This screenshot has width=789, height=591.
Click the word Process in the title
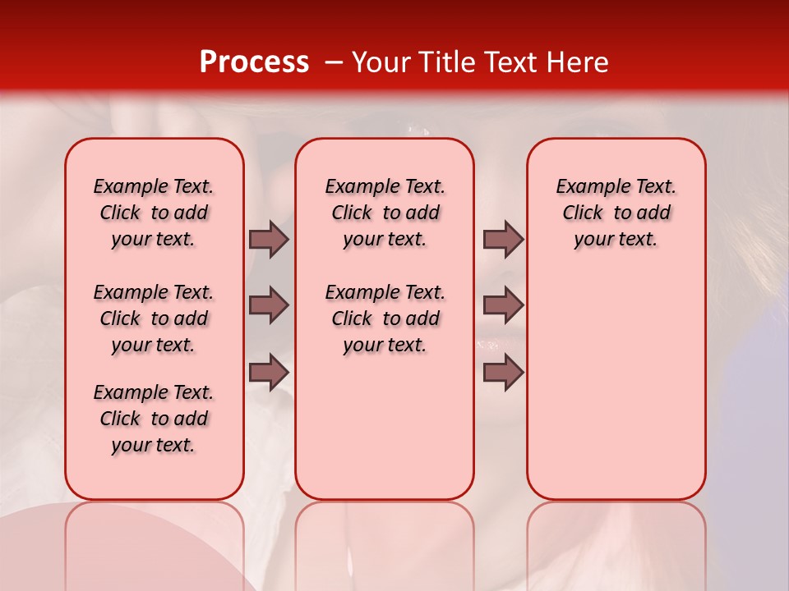[x=254, y=62]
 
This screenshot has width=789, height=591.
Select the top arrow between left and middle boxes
[x=269, y=239]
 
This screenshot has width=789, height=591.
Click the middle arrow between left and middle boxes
[x=269, y=305]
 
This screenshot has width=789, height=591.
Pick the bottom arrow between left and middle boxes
[x=269, y=372]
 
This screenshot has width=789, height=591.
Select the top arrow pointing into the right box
[x=503, y=239]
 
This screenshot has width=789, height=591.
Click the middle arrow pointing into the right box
[x=503, y=305]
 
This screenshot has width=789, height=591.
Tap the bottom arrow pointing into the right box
[x=503, y=372]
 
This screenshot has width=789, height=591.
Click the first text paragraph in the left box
[x=154, y=213]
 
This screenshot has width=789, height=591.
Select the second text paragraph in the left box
[x=154, y=318]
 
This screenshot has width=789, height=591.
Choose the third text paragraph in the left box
[x=154, y=419]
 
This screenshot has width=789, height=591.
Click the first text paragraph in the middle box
[x=385, y=213]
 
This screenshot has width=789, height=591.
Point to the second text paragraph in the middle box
[x=385, y=318]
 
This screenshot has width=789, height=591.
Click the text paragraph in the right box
[x=616, y=213]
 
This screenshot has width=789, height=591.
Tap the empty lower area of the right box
[x=616, y=386]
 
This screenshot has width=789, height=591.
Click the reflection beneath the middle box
[x=385, y=542]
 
